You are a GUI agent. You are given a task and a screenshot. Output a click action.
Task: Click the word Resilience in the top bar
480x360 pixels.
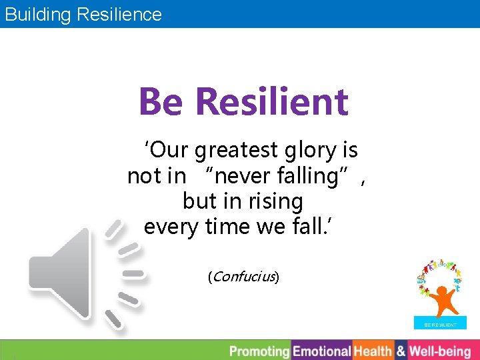coord(119,14)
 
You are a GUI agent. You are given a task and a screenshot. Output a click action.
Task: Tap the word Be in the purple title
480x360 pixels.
coord(162,102)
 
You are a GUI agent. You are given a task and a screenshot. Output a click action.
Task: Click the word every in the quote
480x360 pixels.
coord(170,227)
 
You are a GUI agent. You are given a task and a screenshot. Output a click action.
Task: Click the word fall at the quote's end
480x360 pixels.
coord(313,227)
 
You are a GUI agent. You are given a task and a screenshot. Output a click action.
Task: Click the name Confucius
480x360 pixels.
coord(243,276)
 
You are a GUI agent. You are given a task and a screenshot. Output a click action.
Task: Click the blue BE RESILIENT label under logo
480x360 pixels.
coord(440,325)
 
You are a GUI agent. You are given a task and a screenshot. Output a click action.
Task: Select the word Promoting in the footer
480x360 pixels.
coord(260,351)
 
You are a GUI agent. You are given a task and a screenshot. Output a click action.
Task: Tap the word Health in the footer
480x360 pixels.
coord(373,351)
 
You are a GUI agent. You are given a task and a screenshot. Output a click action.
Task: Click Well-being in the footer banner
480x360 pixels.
coord(440,351)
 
